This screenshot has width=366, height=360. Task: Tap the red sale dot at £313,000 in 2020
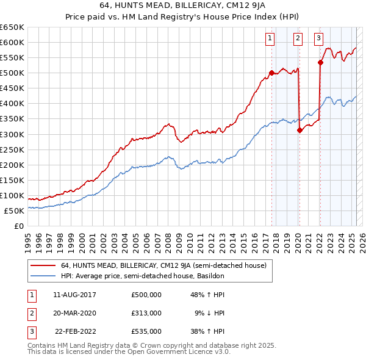[300, 129]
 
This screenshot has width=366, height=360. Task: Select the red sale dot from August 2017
[271, 73]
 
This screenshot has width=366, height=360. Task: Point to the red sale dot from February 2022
[320, 62]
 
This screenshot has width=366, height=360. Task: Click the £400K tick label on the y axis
[12, 103]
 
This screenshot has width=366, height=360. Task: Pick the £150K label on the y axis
[12, 180]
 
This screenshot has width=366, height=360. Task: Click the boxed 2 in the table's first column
[32, 312]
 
